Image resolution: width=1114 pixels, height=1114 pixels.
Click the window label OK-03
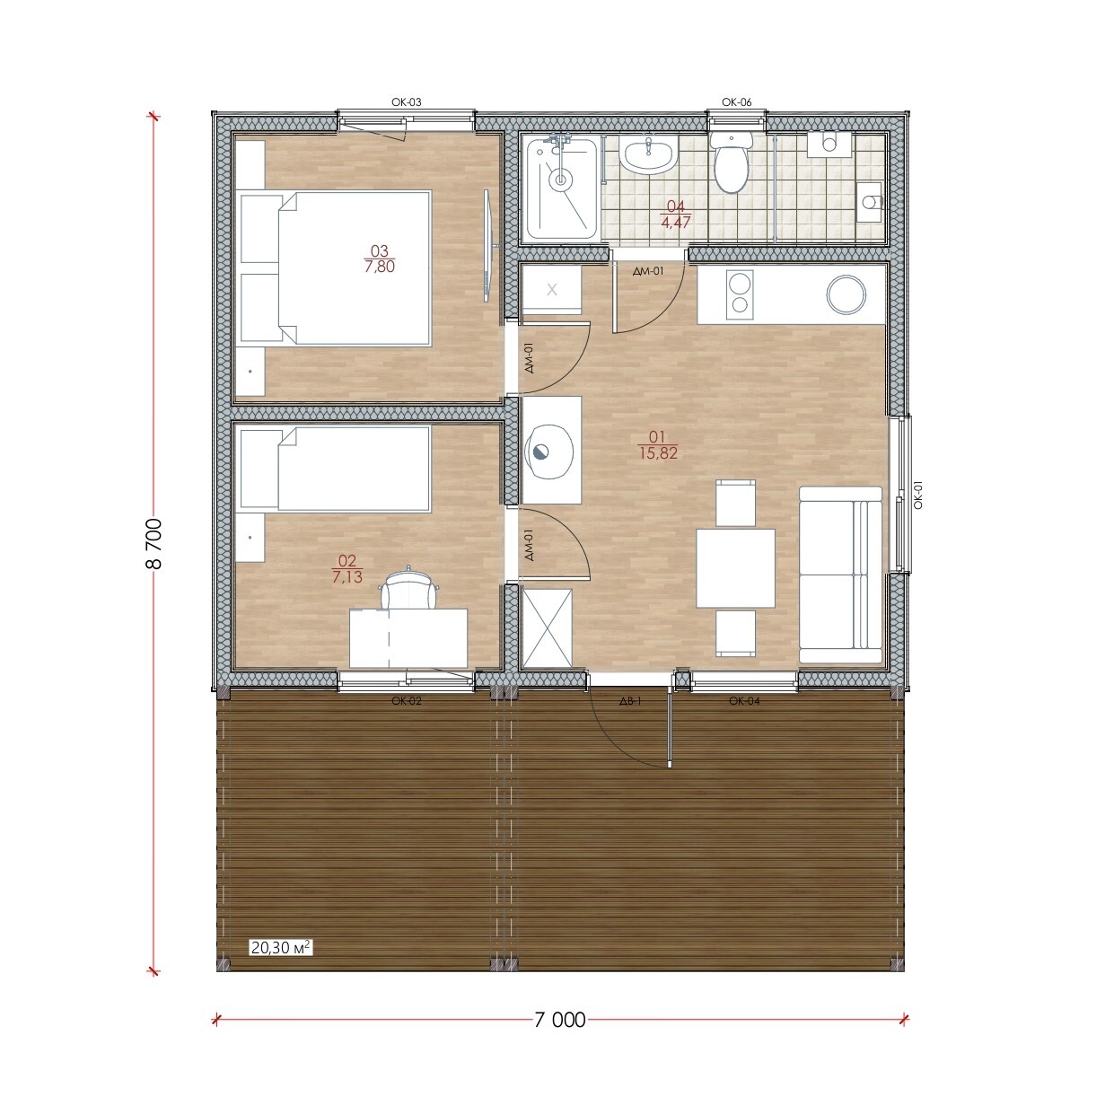[407, 102]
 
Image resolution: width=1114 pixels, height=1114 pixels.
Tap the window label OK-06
[736, 102]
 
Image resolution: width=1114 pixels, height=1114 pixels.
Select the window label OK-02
[407, 701]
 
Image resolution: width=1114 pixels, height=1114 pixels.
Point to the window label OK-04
[744, 701]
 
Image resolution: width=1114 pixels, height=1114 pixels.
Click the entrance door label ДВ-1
[631, 701]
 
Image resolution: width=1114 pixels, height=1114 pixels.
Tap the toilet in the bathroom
[732, 162]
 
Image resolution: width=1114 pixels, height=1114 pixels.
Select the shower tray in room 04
[562, 189]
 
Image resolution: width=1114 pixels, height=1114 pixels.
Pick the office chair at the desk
[408, 587]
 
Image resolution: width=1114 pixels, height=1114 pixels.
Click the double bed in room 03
[336, 268]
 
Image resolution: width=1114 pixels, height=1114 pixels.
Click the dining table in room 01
[735, 567]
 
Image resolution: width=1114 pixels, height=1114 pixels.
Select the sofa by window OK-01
[840, 575]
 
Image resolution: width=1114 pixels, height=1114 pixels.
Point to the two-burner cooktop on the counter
[740, 294]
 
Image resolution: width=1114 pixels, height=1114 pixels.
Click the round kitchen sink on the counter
[846, 294]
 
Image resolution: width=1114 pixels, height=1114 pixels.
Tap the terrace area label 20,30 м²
[281, 964]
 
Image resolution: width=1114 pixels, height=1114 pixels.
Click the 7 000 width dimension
[559, 1020]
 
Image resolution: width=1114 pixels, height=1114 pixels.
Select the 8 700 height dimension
[154, 543]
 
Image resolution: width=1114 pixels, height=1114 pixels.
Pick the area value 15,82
[658, 453]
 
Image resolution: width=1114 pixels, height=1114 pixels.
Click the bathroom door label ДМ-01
[648, 270]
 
